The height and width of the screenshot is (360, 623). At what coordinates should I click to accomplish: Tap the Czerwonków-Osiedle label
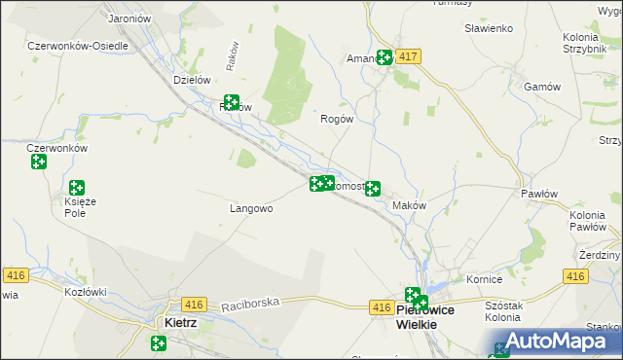pyautogui.click(x=77, y=46)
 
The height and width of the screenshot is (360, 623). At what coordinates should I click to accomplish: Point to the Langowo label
pyautogui.click(x=250, y=208)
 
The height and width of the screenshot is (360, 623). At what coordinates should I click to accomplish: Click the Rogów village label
pyautogui.click(x=336, y=119)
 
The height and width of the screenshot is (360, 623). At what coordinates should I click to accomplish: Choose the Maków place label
pyautogui.click(x=409, y=205)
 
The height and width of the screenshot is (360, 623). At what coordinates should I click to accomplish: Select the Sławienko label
pyautogui.click(x=489, y=28)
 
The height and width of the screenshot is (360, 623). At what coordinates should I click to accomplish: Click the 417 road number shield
pyautogui.click(x=408, y=58)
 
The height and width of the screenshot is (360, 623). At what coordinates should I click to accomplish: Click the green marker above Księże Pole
pyautogui.click(x=75, y=188)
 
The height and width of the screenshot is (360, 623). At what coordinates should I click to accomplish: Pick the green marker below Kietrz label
pyautogui.click(x=159, y=342)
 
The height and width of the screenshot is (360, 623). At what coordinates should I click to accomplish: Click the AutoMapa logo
pyautogui.click(x=555, y=342)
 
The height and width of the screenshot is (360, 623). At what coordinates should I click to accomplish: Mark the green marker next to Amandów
pyautogui.click(x=385, y=57)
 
